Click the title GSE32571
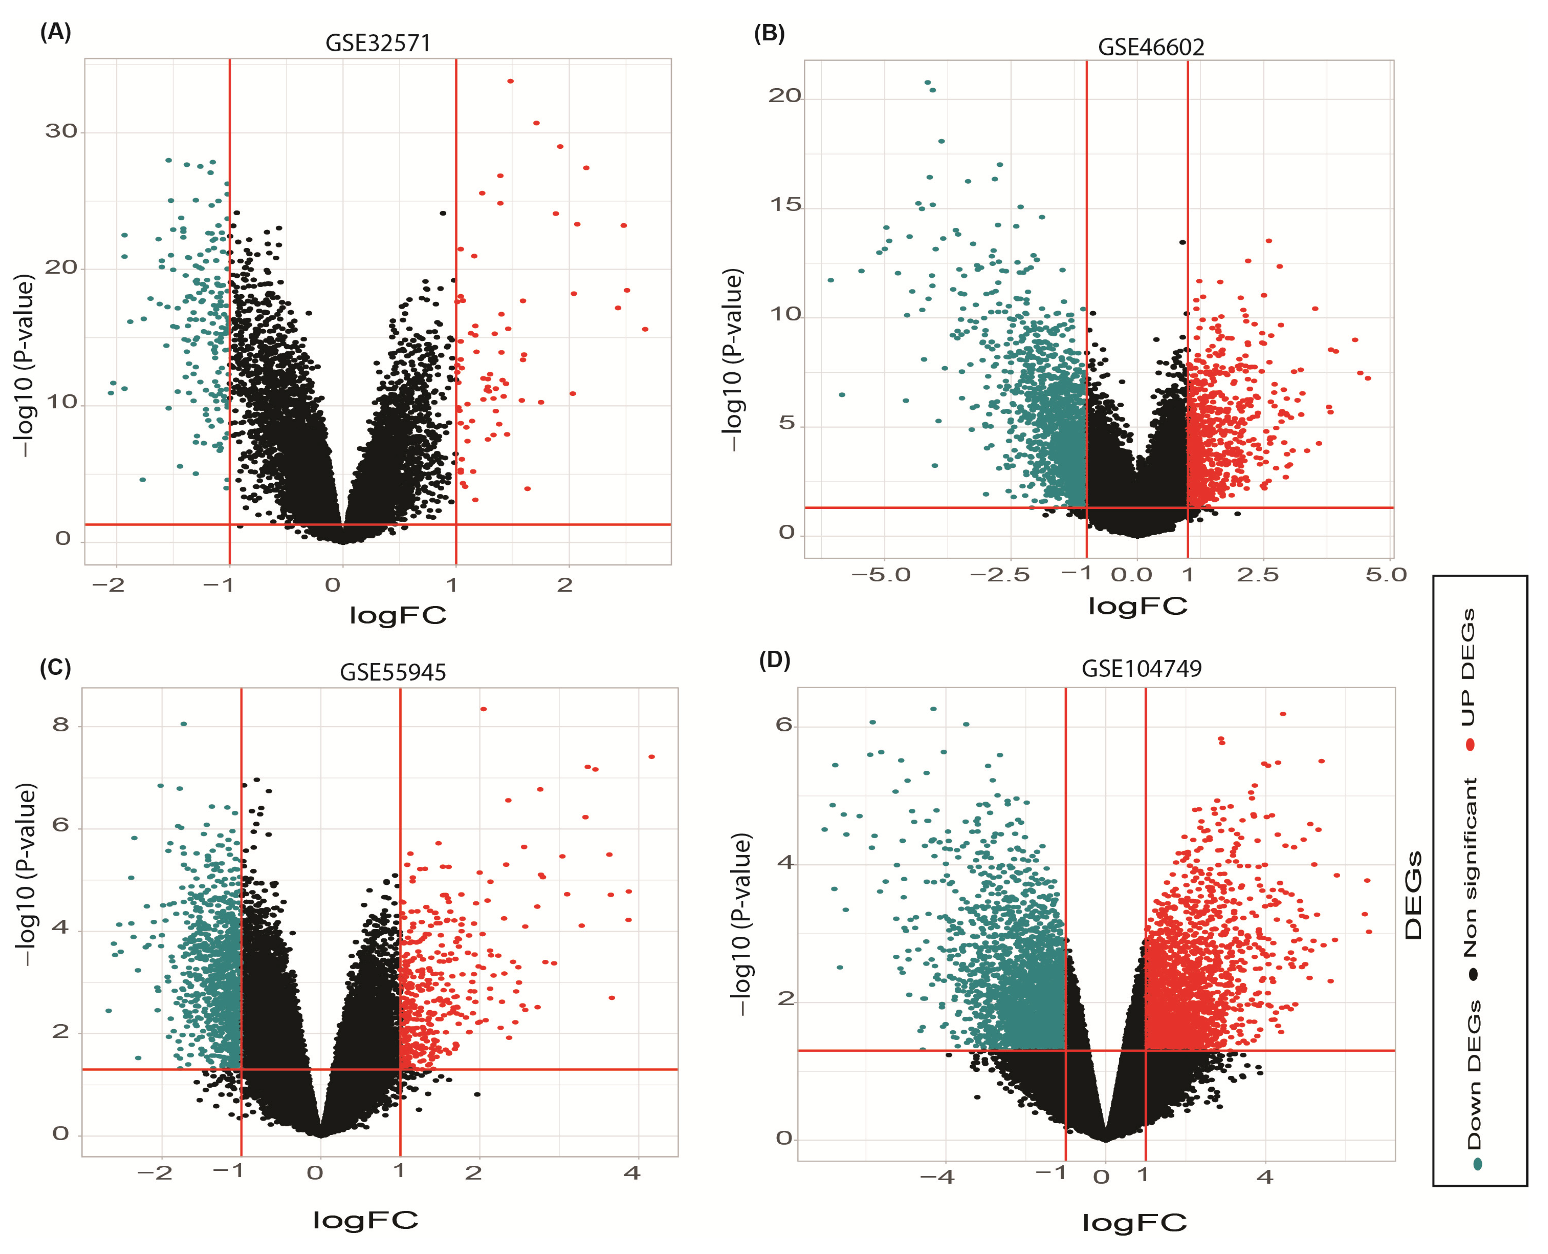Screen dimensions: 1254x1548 click(x=378, y=43)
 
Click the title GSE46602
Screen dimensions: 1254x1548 click(x=1151, y=47)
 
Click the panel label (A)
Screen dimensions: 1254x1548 click(x=55, y=32)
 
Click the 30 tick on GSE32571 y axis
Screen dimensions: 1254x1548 click(x=61, y=131)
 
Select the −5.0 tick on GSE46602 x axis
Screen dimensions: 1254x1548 click(x=880, y=576)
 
